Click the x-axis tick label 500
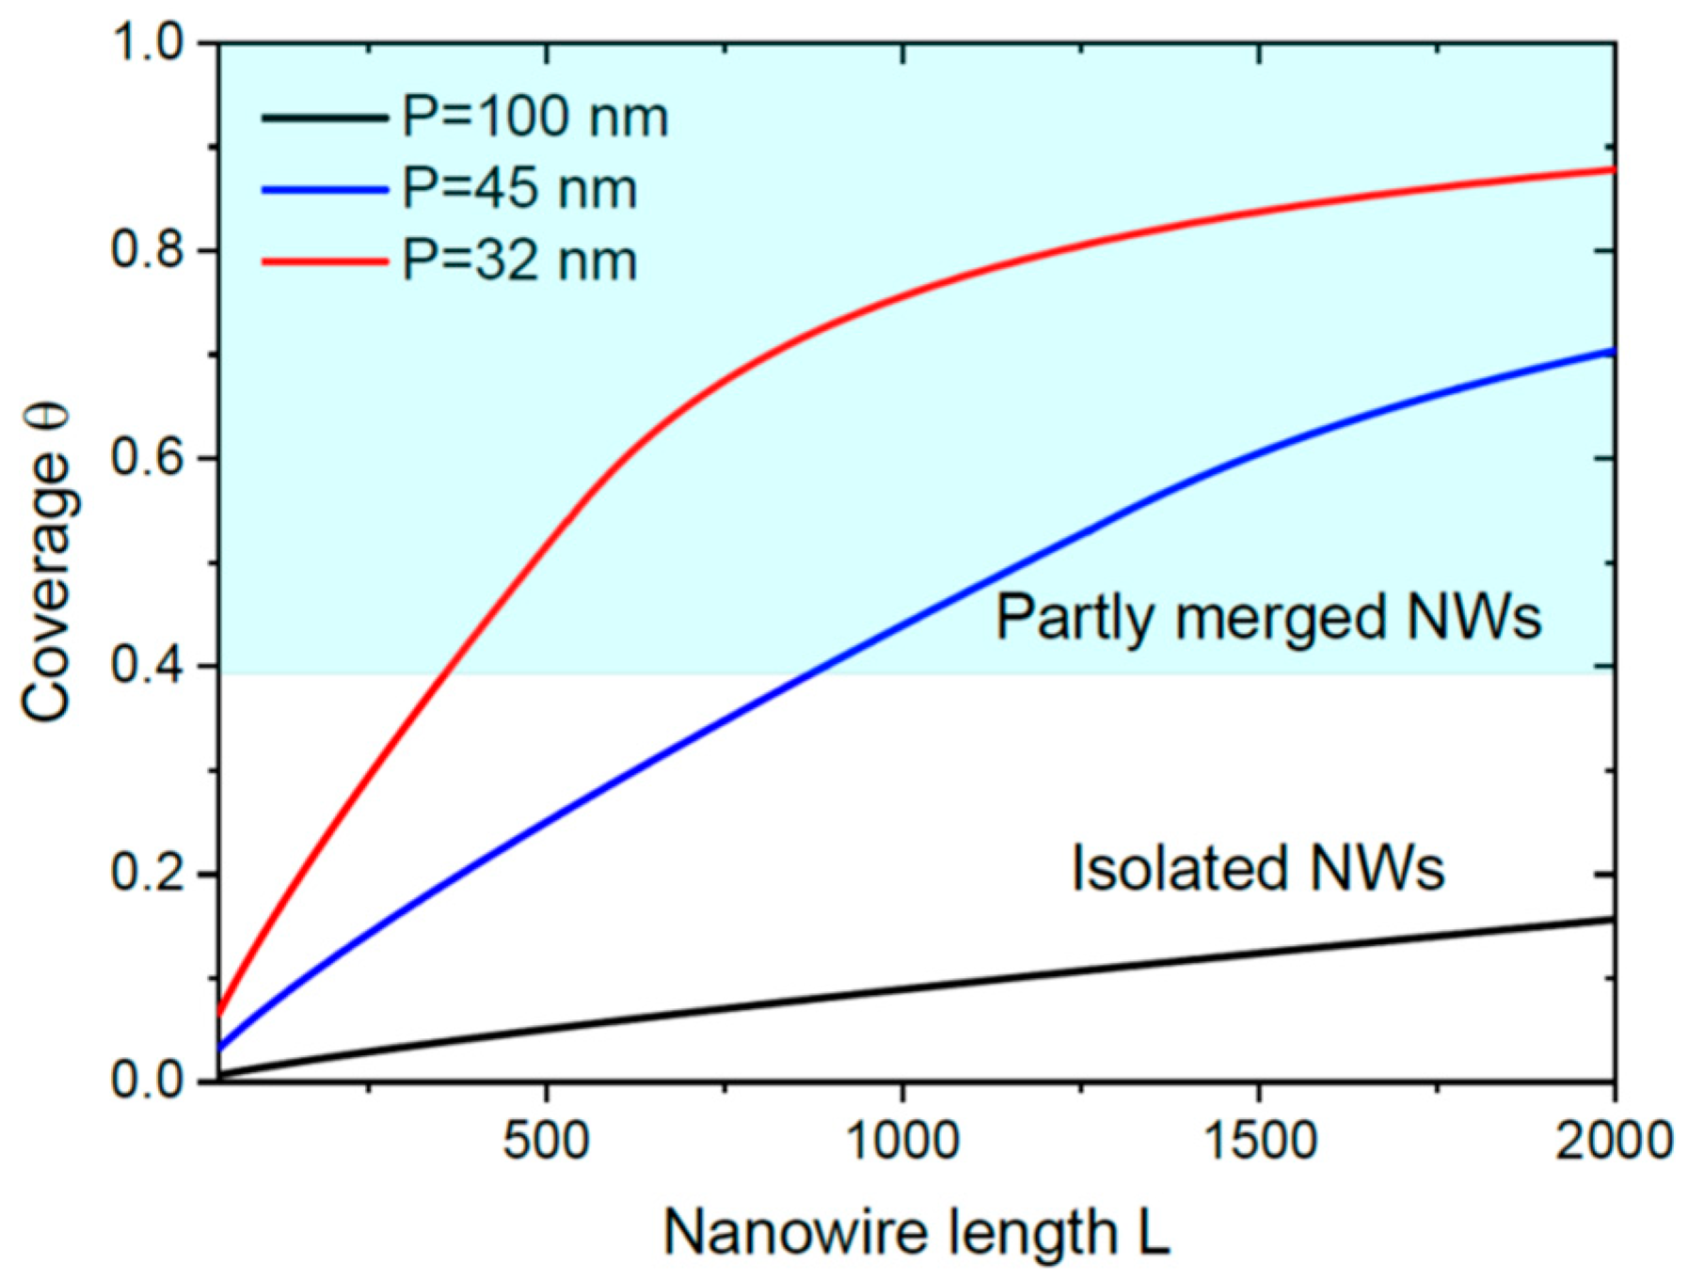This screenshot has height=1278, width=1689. [x=546, y=1141]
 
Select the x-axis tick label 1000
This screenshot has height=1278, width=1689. [x=902, y=1141]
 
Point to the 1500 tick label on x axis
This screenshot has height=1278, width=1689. [x=1260, y=1141]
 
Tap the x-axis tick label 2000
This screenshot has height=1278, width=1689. [x=1613, y=1141]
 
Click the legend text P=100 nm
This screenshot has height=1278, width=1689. [x=535, y=118]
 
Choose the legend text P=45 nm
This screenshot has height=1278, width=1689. [x=519, y=189]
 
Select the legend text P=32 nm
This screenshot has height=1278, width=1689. [x=519, y=260]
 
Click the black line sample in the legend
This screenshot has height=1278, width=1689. [x=325, y=118]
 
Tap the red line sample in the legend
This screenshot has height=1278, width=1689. [x=325, y=261]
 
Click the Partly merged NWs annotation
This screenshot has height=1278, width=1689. [x=1268, y=619]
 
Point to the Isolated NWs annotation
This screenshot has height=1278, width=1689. [x=1258, y=868]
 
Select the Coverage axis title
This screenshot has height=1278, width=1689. [x=47, y=562]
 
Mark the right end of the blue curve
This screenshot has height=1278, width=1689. [x=1612, y=352]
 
